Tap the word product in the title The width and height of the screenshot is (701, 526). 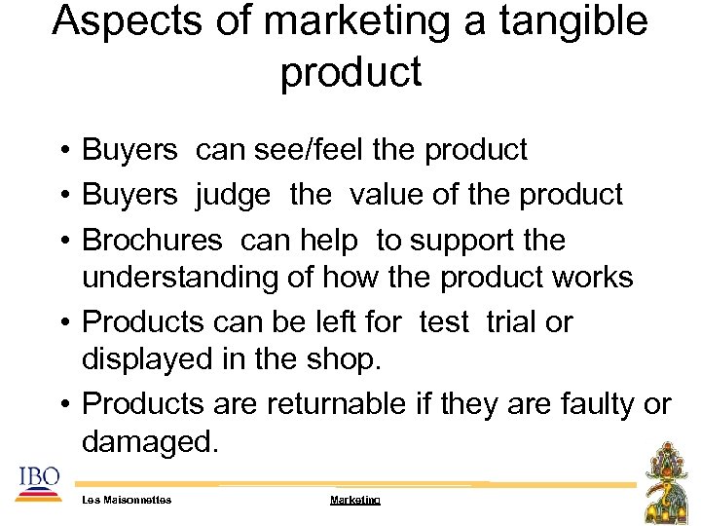click(350, 72)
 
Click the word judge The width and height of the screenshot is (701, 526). click(234, 195)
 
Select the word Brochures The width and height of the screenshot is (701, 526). click(153, 240)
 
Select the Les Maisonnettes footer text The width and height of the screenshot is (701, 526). click(127, 500)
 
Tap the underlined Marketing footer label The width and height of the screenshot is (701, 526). click(354, 500)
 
